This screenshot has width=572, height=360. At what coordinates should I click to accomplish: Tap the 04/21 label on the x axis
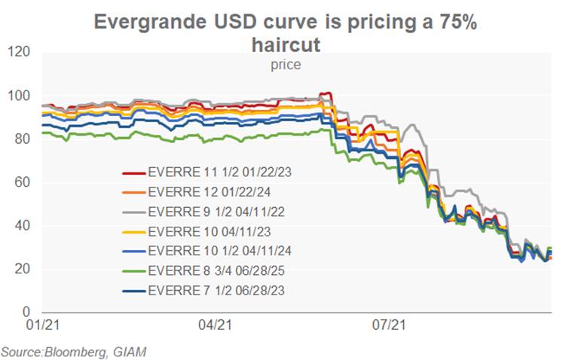[214, 326]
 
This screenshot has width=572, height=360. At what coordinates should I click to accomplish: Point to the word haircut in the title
[286, 45]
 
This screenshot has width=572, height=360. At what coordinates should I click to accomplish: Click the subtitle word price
[286, 65]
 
